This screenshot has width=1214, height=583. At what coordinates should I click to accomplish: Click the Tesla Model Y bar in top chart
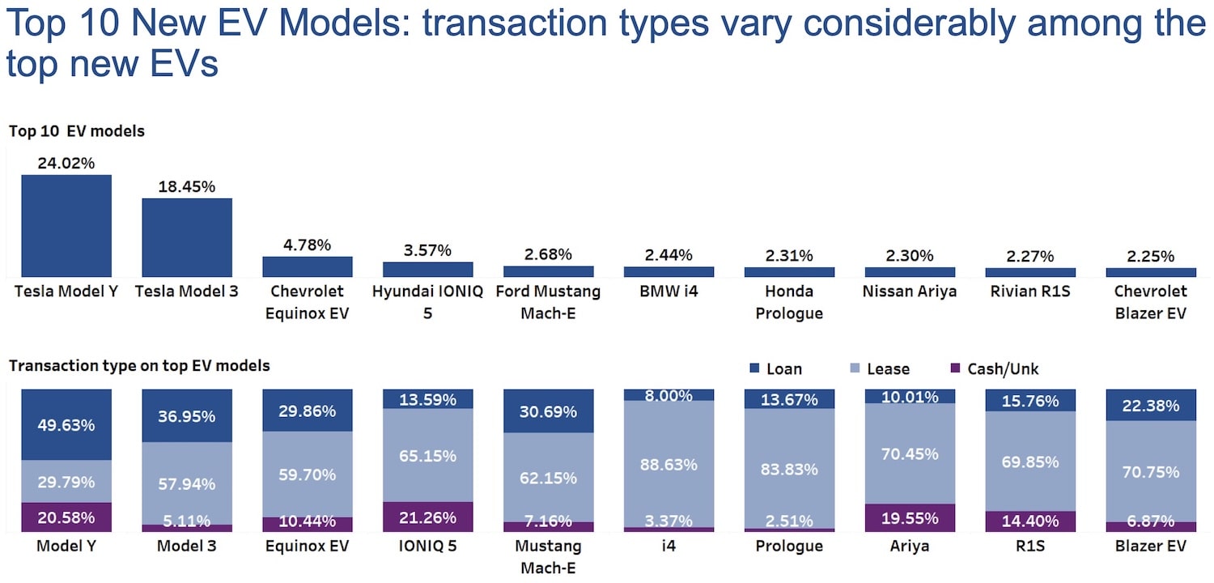(66, 226)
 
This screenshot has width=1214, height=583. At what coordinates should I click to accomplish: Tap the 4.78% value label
(308, 245)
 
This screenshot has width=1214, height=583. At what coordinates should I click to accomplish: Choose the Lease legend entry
(877, 369)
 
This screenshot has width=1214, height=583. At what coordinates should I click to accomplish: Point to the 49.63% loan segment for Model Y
(66, 424)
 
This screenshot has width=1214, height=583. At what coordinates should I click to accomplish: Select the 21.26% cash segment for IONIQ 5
(427, 517)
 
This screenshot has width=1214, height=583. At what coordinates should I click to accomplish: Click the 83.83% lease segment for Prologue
(789, 469)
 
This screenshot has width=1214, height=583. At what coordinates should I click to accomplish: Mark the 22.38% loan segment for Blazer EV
(1151, 405)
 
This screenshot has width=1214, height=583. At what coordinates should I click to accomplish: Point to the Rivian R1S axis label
(1030, 291)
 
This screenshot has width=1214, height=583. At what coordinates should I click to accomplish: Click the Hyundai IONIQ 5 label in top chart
(427, 301)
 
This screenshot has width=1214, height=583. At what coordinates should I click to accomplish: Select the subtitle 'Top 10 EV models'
(77, 131)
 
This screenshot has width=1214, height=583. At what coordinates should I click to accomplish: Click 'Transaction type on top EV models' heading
(139, 366)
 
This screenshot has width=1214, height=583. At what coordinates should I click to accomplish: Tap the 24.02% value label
(66, 163)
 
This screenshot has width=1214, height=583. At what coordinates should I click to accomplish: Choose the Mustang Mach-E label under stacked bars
(548, 556)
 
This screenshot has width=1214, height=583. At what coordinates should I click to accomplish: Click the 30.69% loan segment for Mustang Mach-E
(548, 411)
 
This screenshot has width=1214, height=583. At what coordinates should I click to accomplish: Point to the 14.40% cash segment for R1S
(1030, 521)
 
